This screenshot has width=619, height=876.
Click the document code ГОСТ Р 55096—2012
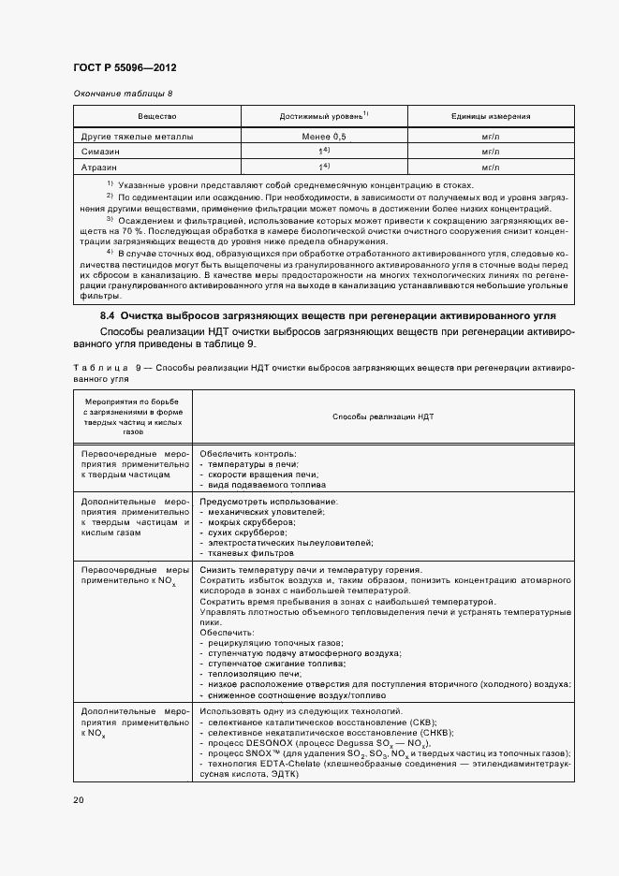click(125, 68)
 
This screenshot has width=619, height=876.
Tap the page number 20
click(79, 799)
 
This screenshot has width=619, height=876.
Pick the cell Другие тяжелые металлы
click(138, 137)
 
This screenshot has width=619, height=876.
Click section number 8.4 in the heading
click(107, 318)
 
